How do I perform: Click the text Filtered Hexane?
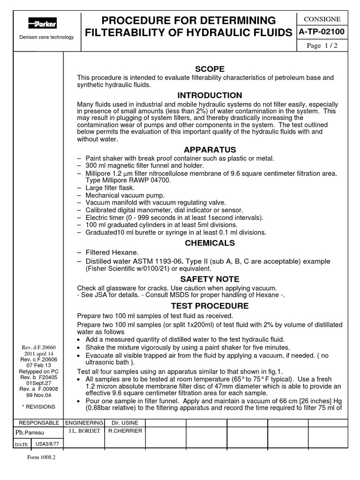tap(113, 253)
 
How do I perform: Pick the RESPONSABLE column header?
tap(39, 422)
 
